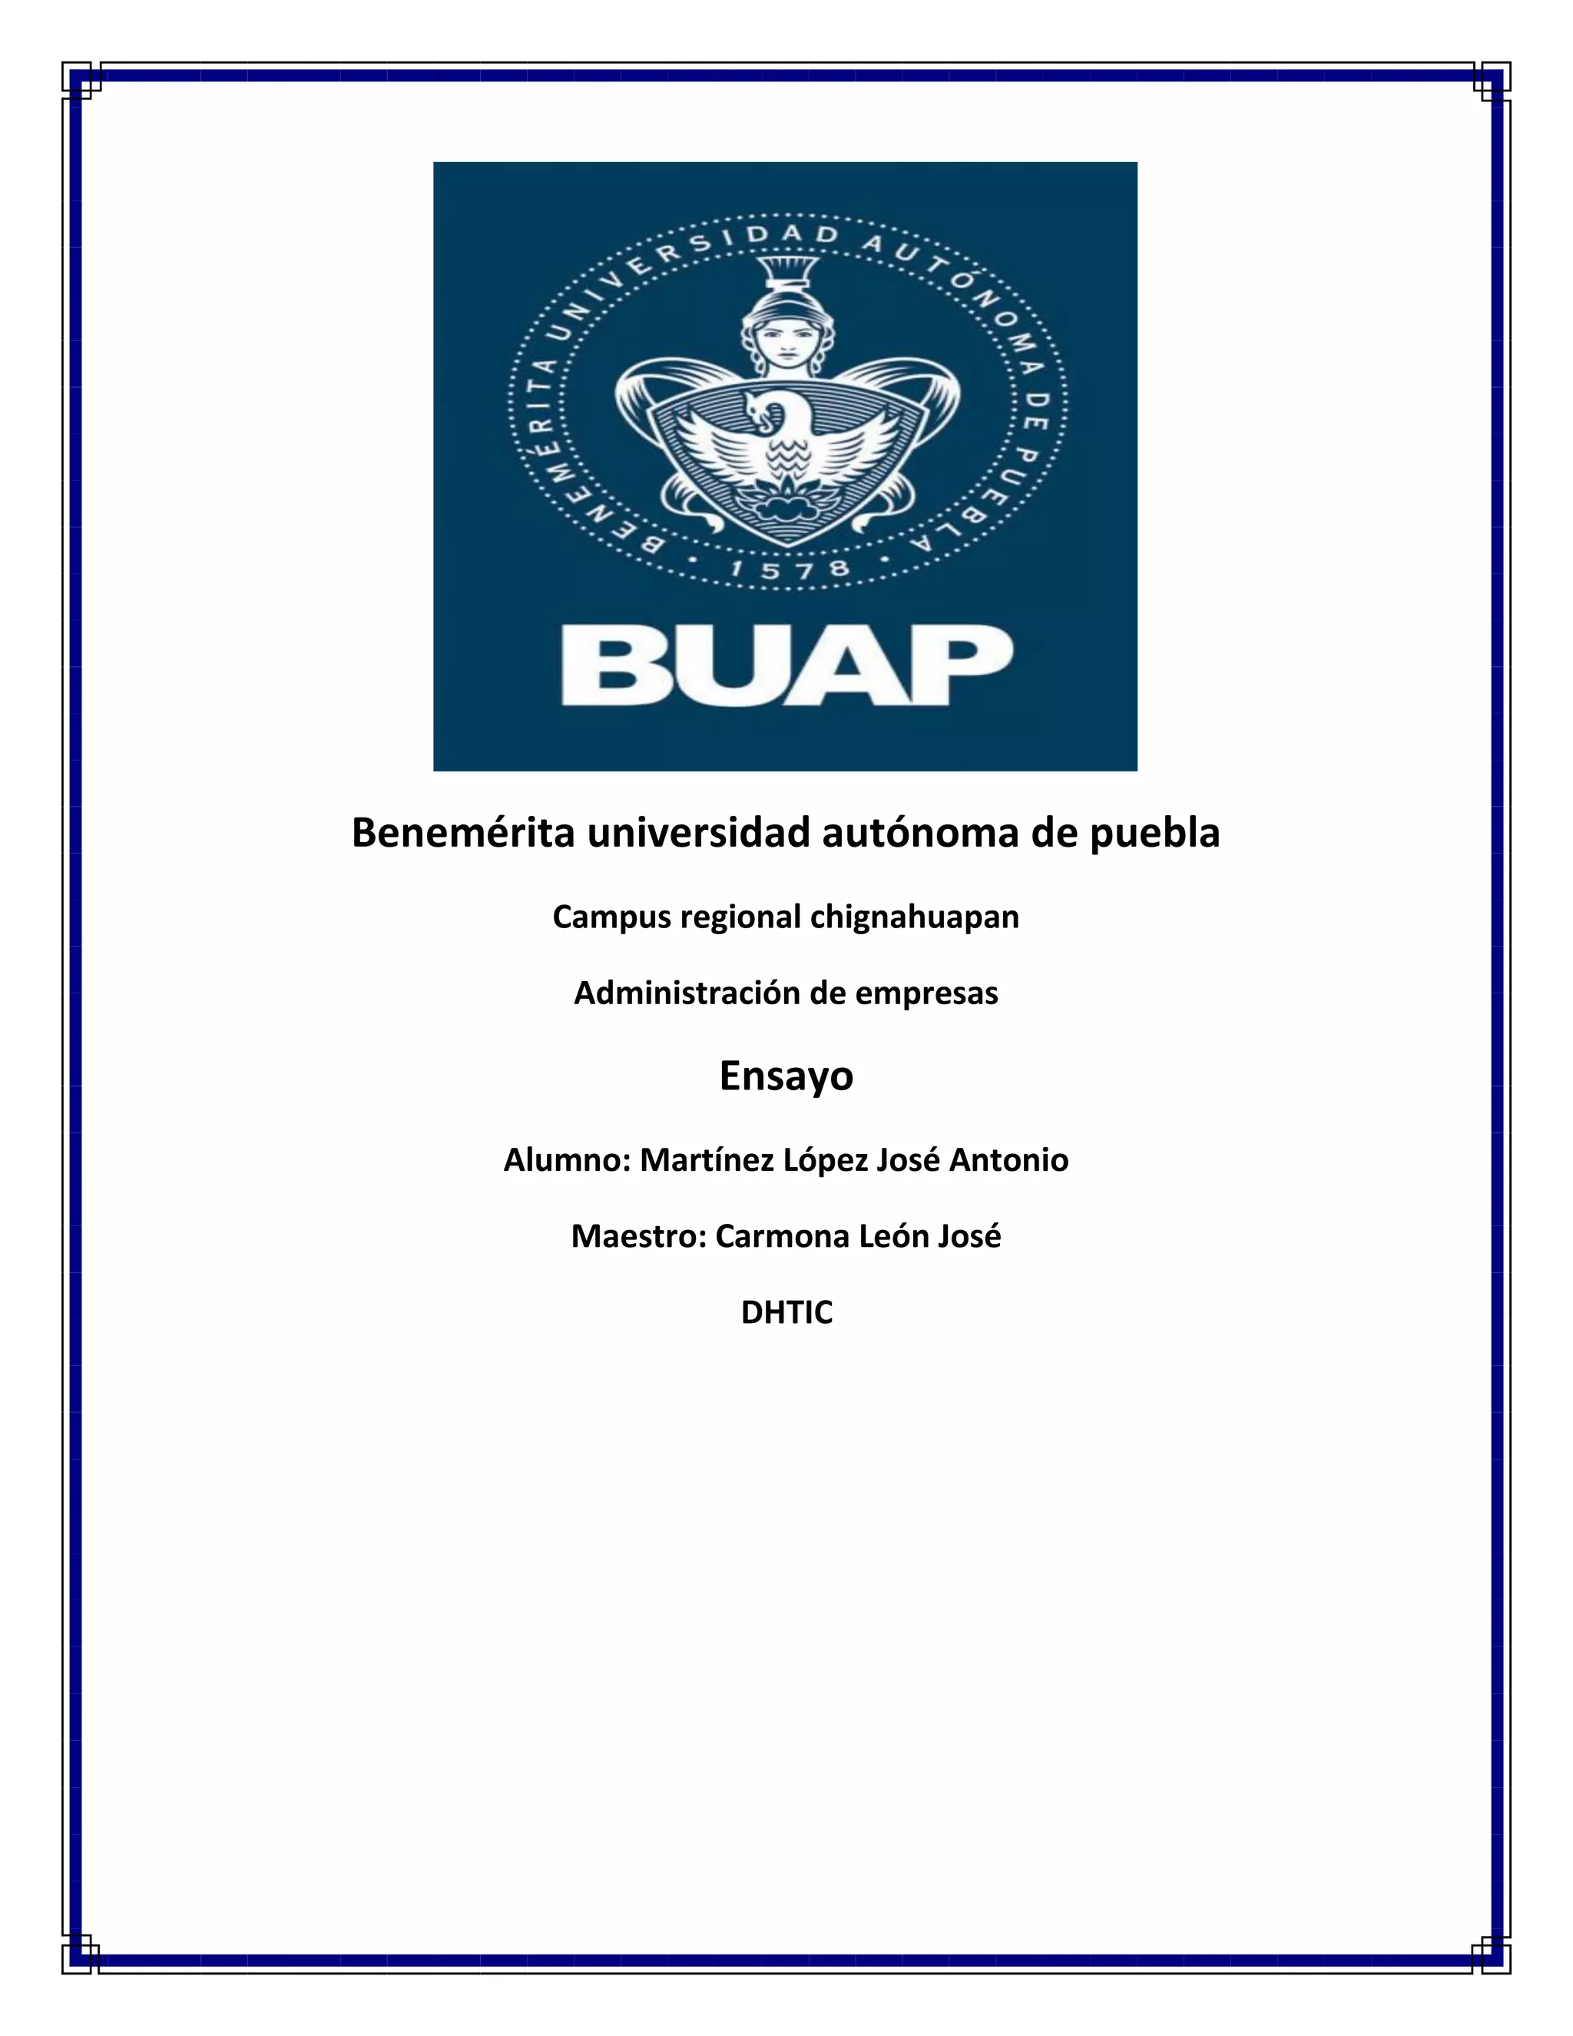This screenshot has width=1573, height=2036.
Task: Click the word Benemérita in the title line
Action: [462, 834]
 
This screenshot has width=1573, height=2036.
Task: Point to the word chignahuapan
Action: [914, 918]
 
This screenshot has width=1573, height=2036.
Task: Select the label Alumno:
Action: [568, 1161]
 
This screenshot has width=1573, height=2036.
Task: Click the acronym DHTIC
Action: [786, 1312]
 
